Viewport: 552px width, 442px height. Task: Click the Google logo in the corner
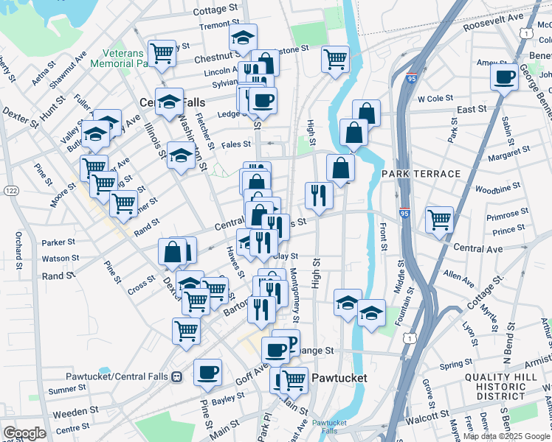[24, 433]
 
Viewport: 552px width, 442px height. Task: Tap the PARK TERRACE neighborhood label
[421, 173]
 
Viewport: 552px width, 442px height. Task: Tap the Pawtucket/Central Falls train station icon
[176, 377]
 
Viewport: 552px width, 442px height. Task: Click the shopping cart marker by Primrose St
[439, 218]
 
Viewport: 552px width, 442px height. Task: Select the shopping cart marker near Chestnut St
[162, 52]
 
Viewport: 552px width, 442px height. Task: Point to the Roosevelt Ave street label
[493, 22]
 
